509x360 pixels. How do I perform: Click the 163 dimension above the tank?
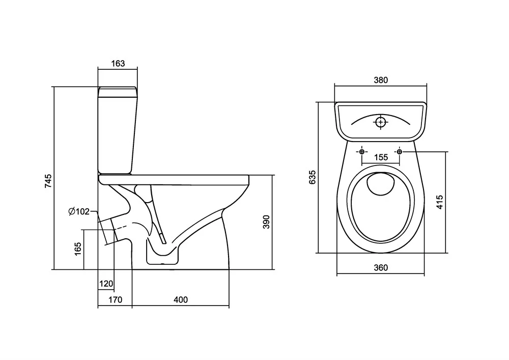pos(118,64)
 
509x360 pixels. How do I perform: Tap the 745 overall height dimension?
pos(48,181)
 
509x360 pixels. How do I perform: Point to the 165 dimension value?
pos(78,249)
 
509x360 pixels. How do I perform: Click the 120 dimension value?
pos(106,284)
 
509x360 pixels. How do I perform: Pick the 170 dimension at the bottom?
pos(115,300)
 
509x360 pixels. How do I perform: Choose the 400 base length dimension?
pos(180,300)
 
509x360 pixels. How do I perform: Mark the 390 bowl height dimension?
pos(266,222)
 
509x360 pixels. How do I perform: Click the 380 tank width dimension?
pos(381,80)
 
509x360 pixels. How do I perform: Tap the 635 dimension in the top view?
pos(313,177)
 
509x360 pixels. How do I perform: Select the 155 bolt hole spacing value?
pos(381,157)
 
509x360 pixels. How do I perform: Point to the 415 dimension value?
pos(440,203)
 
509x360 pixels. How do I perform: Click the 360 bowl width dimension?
pos(381,268)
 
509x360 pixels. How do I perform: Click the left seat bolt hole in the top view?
pos(362,152)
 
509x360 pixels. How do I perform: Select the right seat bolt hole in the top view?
pos(400,152)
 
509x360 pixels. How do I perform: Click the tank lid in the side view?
pos(118,92)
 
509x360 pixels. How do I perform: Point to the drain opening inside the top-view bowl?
pos(381,184)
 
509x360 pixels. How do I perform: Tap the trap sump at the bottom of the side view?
pos(163,257)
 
